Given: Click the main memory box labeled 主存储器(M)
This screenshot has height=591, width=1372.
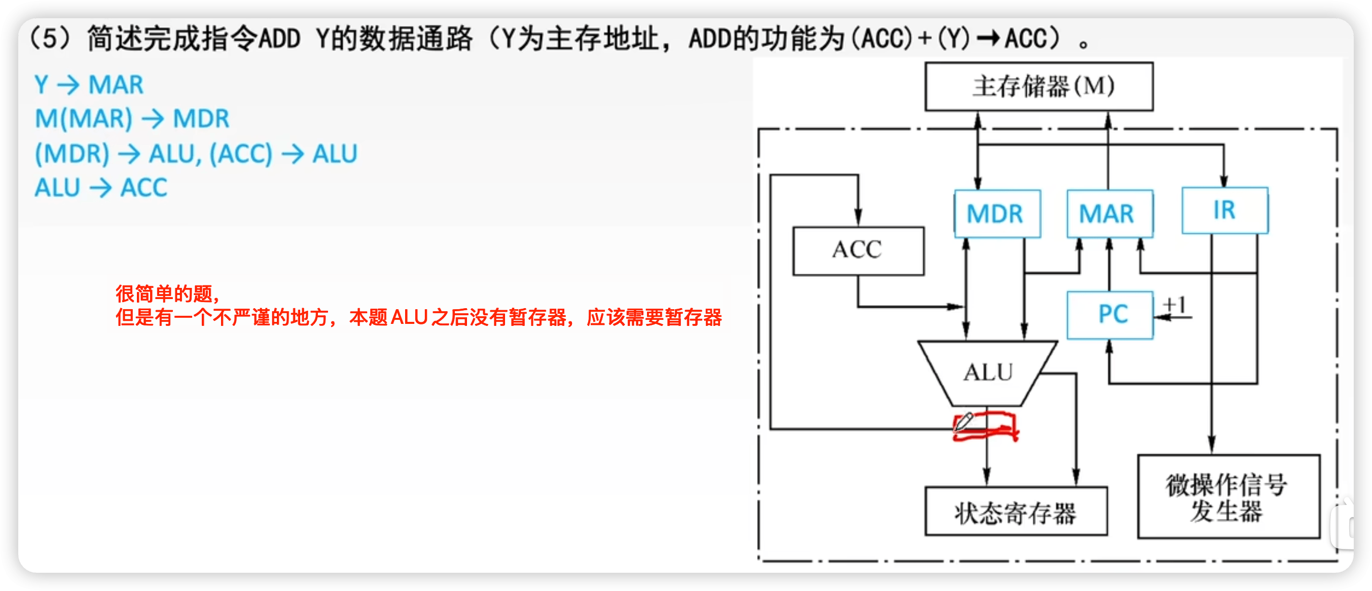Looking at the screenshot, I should click(1038, 87).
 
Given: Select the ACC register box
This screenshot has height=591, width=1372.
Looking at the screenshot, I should click(858, 251).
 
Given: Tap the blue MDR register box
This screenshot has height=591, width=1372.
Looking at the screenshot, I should click(996, 214).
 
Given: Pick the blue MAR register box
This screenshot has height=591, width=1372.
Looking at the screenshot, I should click(1109, 214).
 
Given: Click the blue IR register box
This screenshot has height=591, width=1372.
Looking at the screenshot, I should click(1224, 210).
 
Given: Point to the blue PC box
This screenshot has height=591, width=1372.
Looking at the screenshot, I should click(1110, 315).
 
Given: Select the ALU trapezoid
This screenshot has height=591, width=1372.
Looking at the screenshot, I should click(987, 373).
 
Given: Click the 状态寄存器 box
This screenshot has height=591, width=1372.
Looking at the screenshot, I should click(1016, 511).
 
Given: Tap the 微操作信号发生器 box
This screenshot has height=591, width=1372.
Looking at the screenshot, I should click(1228, 497).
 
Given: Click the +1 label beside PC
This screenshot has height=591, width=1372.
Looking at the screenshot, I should click(1174, 305).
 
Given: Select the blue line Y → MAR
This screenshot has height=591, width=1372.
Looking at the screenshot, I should click(89, 85).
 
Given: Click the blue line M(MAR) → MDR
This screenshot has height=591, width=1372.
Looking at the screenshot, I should click(131, 119).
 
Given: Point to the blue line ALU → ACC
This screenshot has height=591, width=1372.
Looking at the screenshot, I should click(101, 188).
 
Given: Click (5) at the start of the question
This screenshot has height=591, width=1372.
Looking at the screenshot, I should click(50, 39).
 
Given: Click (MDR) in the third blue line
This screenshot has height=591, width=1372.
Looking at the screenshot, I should click(72, 154).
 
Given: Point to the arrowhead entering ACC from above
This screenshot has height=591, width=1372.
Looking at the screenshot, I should click(858, 218).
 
